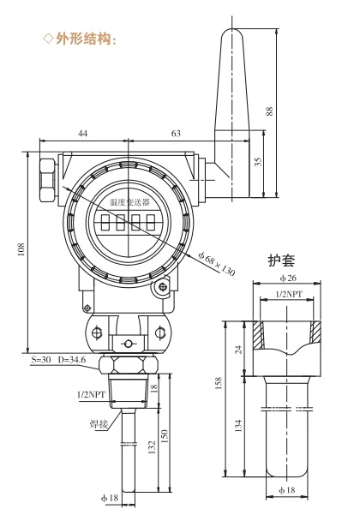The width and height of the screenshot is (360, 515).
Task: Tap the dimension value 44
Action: coord(83,134)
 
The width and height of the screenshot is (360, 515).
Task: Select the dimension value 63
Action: coord(176,134)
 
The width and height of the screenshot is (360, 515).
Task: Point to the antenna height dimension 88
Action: coord(269,111)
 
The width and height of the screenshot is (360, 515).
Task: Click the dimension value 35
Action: coord(259,162)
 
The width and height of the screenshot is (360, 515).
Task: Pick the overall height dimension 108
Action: coord(21,249)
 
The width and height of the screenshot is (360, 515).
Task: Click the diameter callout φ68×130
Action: coord(217,264)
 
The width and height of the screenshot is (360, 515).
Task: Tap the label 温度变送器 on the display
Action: coord(129,202)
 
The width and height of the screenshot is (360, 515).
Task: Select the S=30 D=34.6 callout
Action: coord(58,360)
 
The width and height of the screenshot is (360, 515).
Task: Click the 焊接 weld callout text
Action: coord(99,423)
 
